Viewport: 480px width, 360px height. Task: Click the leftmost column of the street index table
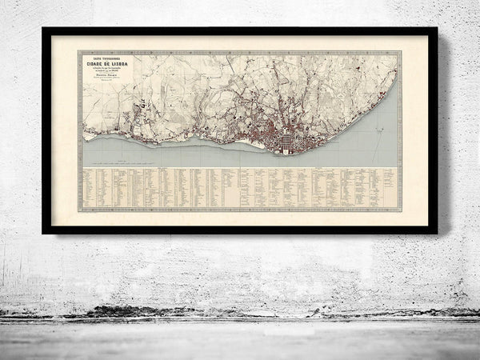[x=89, y=189]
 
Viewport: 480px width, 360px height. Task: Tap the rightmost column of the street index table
[x=390, y=189]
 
